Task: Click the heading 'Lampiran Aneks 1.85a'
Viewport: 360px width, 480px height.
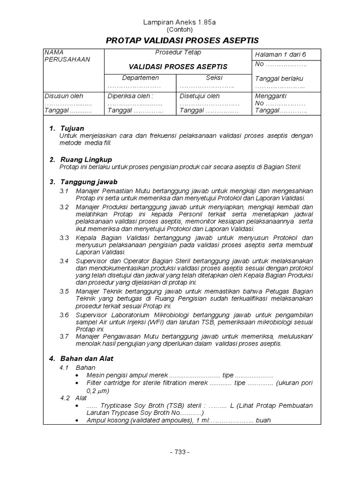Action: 180,22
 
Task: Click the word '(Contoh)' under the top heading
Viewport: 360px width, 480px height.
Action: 180,29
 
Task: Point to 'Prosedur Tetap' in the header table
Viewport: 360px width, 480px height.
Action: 178,52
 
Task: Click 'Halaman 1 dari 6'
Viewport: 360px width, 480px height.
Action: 279,54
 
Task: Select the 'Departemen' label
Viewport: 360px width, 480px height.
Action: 140,78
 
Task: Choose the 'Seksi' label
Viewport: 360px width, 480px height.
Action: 214,78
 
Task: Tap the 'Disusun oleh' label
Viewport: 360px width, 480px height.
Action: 63,96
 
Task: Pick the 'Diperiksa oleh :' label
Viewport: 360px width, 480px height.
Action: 131,96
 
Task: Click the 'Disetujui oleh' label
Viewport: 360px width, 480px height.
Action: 200,96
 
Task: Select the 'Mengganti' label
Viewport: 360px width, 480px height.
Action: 269,96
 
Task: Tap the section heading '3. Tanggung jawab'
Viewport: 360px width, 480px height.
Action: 83,181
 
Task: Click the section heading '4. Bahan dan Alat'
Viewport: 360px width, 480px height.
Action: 82,358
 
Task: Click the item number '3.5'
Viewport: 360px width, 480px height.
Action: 64,291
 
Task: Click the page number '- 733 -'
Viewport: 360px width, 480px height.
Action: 180,452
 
